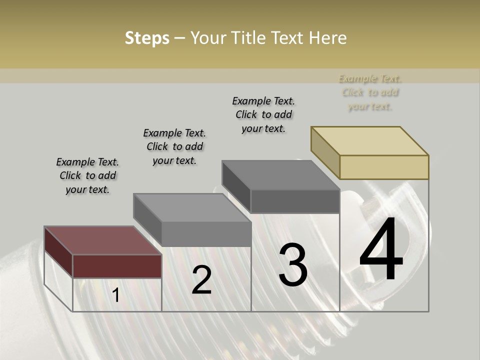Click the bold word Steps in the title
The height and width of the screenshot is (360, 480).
[147, 38]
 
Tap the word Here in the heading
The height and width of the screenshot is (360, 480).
[327, 38]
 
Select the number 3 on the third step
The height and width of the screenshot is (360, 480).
[292, 265]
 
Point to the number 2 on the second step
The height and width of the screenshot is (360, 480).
[201, 280]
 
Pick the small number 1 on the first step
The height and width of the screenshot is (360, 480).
[116, 295]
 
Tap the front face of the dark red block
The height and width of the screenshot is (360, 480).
[117, 266]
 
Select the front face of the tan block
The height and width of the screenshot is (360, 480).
[384, 167]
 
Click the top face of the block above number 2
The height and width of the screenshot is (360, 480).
[192, 207]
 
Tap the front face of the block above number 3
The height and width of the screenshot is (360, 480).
[295, 201]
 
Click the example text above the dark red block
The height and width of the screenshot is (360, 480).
[87, 175]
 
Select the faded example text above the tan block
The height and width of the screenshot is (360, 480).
[370, 92]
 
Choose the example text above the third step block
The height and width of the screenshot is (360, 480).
[263, 114]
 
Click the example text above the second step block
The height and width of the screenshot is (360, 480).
[174, 146]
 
